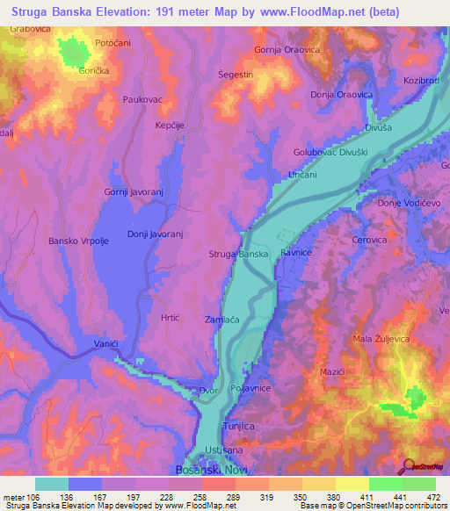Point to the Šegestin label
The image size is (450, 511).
236,75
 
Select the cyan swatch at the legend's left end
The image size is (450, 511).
51,484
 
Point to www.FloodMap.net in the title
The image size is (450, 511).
304,11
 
